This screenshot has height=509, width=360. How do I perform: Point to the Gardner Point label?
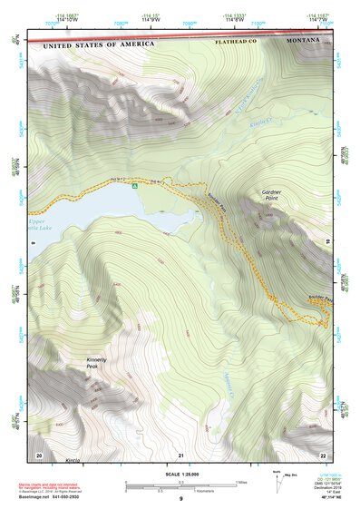click(x=273, y=195)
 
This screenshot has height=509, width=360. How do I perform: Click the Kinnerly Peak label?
click(x=97, y=362)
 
